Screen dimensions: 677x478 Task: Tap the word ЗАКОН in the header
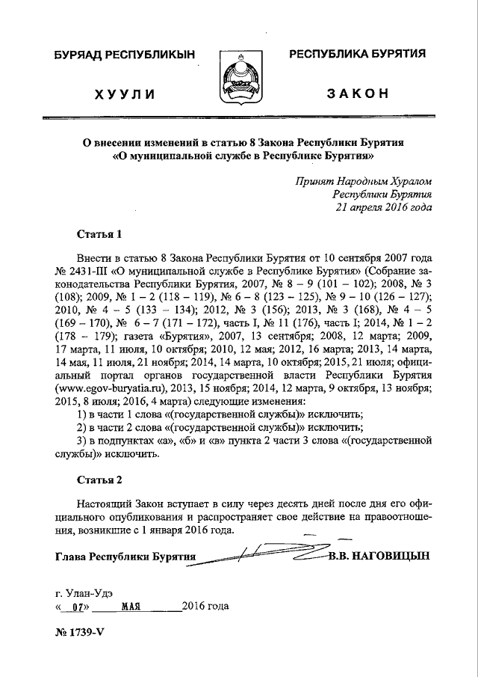[358, 94]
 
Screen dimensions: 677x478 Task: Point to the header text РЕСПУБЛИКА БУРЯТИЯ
[358, 54]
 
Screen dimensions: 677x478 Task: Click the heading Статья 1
[99, 233]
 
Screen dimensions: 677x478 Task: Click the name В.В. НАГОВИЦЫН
[379, 557]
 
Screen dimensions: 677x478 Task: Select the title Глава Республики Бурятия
[125, 557]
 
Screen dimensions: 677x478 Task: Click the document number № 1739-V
[78, 631]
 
